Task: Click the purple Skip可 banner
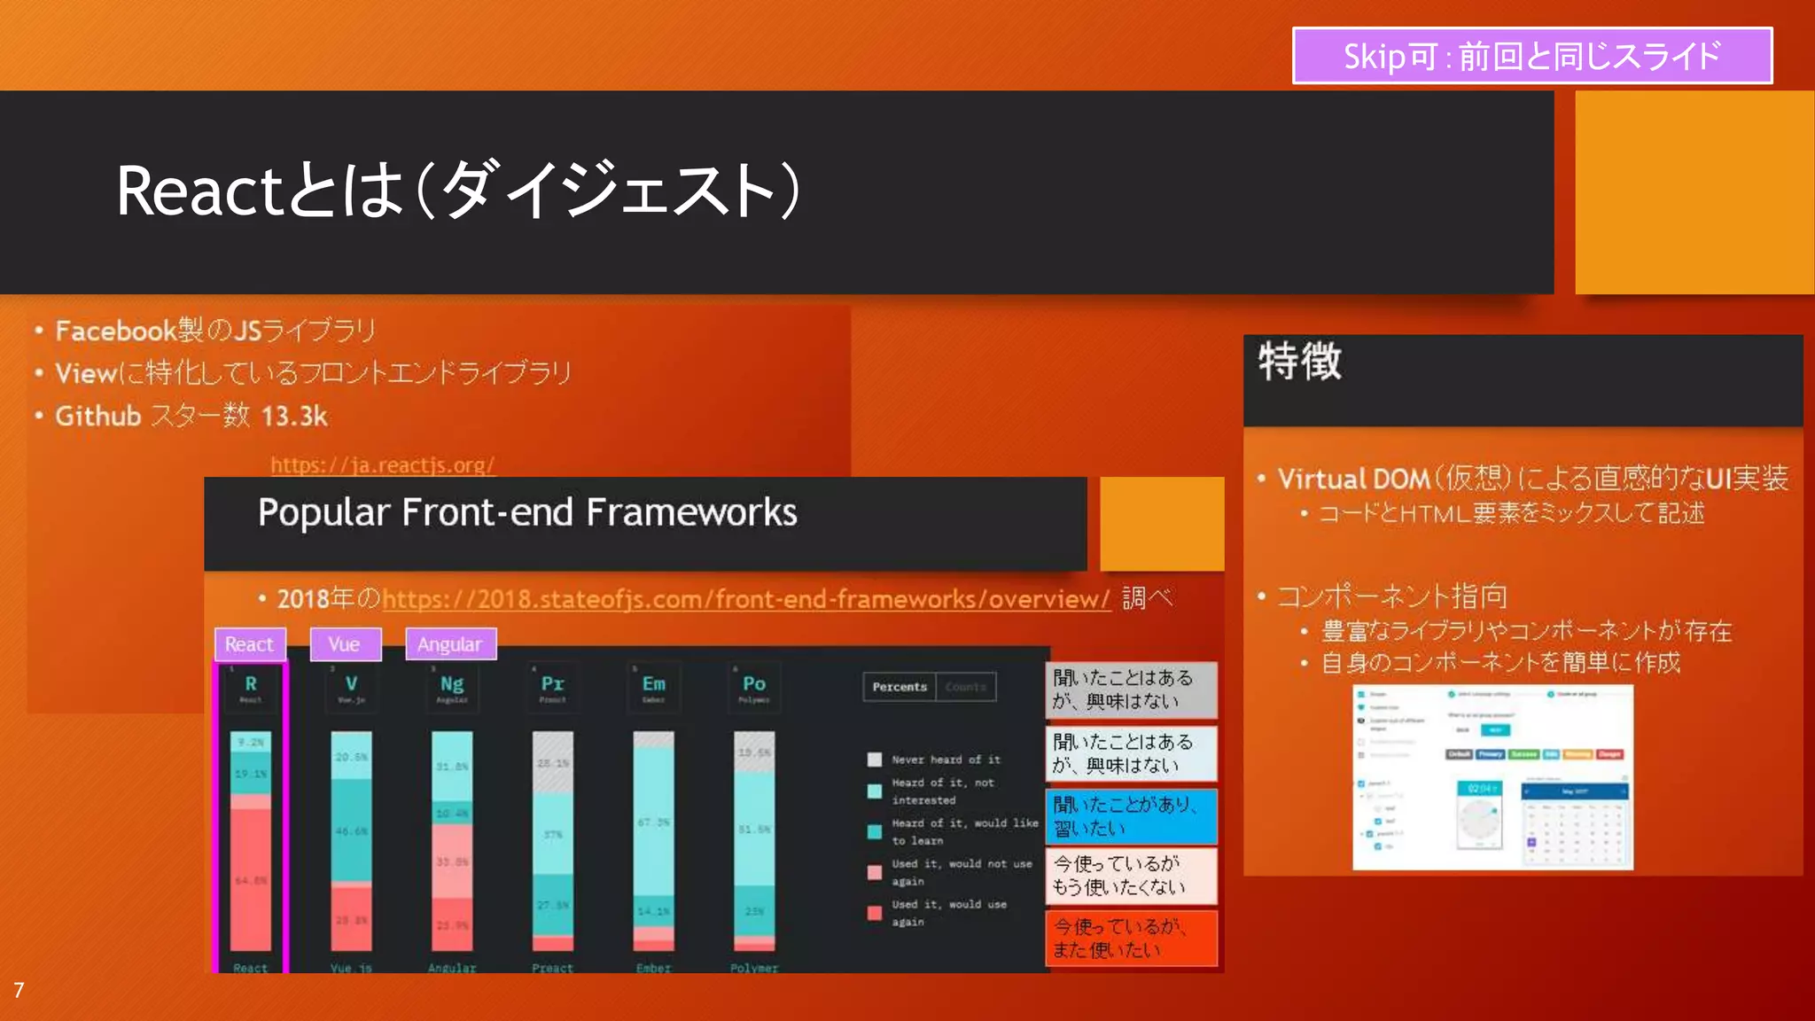point(1531,56)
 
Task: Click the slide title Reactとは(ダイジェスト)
point(459,191)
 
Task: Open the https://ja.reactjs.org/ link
point(382,464)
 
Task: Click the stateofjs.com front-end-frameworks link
point(745,599)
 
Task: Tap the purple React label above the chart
point(250,644)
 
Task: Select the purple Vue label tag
point(345,644)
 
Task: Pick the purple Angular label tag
point(450,644)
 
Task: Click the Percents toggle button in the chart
point(899,687)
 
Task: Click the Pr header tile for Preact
point(553,687)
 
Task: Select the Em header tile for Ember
point(654,687)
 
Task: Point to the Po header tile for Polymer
point(754,687)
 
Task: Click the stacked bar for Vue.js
point(351,840)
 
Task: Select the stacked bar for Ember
point(654,840)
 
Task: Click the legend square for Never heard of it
point(875,760)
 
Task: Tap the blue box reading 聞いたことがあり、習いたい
point(1131,816)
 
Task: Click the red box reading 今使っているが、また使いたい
point(1131,939)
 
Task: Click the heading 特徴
point(1300,362)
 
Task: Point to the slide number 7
point(19,990)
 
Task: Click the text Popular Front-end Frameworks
point(527,513)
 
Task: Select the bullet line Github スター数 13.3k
point(191,416)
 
